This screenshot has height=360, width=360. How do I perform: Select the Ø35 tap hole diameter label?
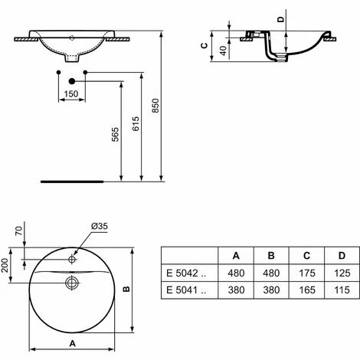(98, 227)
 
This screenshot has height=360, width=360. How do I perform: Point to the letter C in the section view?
(203, 45)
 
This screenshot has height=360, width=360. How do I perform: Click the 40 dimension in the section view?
(222, 51)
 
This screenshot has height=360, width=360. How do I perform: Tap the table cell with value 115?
(340, 290)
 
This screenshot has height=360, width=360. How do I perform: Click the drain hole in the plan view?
(72, 283)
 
